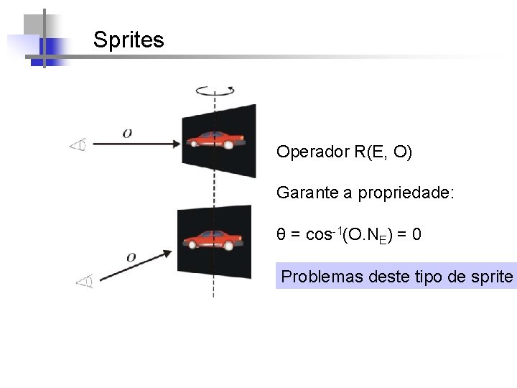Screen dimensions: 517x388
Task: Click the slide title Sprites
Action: pyautogui.click(x=129, y=40)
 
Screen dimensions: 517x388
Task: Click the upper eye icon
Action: pyautogui.click(x=78, y=146)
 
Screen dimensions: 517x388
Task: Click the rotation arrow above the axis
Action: pyautogui.click(x=215, y=91)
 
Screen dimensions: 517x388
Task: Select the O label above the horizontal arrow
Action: pyautogui.click(x=127, y=132)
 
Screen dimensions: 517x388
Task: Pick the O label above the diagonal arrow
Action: pyautogui.click(x=131, y=257)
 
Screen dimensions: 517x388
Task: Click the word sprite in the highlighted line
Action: pyautogui.click(x=493, y=277)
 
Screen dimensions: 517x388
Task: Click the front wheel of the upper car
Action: pyautogui.click(x=228, y=144)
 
